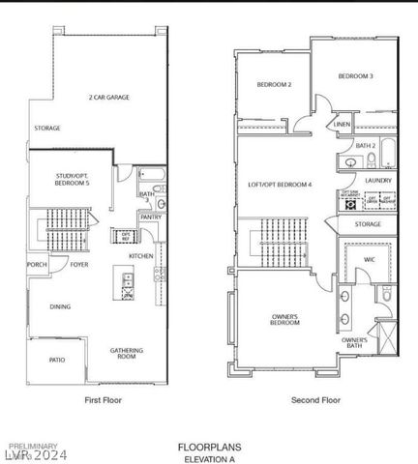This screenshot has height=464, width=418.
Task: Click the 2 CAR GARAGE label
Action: pyautogui.click(x=108, y=97)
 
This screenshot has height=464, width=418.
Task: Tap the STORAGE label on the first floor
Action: pyautogui.click(x=47, y=128)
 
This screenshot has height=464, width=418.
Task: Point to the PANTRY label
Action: pyautogui.click(x=150, y=217)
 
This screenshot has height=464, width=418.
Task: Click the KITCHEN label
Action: pyautogui.click(x=141, y=255)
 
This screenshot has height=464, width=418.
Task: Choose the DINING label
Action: pyautogui.click(x=60, y=306)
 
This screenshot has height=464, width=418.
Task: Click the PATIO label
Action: pyautogui.click(x=57, y=360)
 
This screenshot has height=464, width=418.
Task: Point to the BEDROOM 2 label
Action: pyautogui.click(x=274, y=85)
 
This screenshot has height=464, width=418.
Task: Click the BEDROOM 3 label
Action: pyautogui.click(x=355, y=75)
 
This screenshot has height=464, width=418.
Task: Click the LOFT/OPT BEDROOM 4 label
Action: pyautogui.click(x=280, y=184)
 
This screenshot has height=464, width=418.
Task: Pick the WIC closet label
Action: pyautogui.click(x=369, y=259)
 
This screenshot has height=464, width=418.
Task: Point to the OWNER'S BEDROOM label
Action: pyautogui.click(x=284, y=320)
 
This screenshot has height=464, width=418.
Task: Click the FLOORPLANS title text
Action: pyautogui.click(x=209, y=447)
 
